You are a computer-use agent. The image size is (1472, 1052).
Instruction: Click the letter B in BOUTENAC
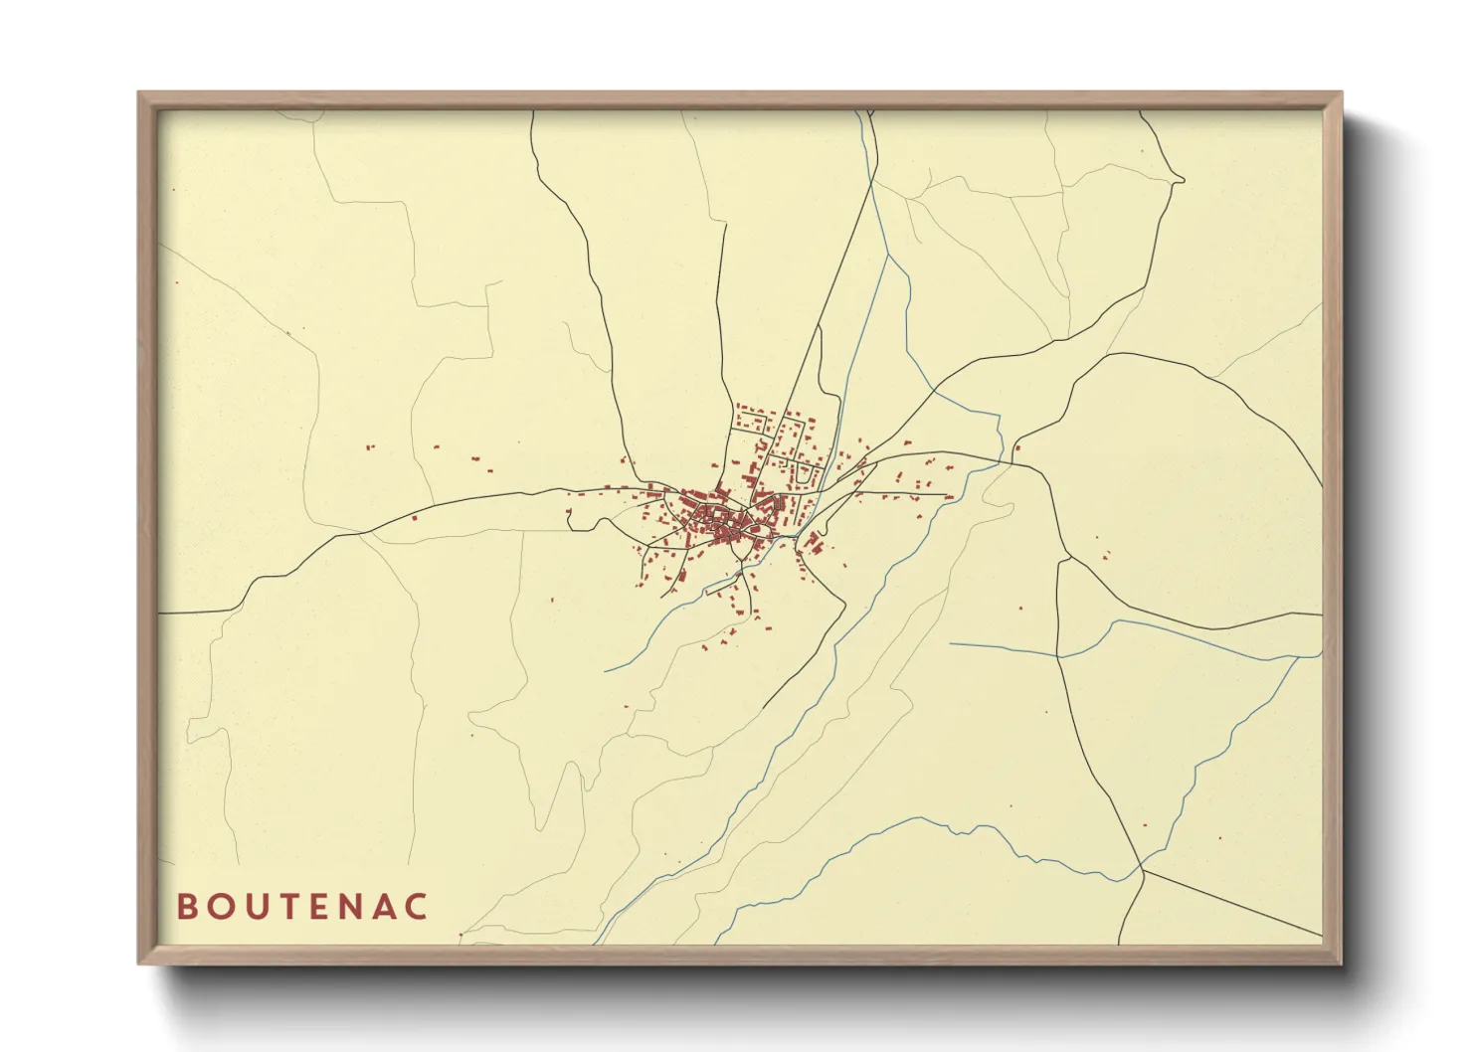click(x=186, y=907)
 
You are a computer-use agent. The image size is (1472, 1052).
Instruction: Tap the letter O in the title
click(x=222, y=907)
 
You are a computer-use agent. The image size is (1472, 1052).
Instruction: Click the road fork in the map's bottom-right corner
click(x=1144, y=869)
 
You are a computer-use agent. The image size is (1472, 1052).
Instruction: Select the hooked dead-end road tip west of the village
click(x=568, y=515)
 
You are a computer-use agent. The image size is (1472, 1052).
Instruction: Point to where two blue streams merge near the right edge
click(x=1296, y=657)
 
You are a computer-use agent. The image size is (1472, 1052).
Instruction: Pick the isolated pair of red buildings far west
click(x=370, y=448)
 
